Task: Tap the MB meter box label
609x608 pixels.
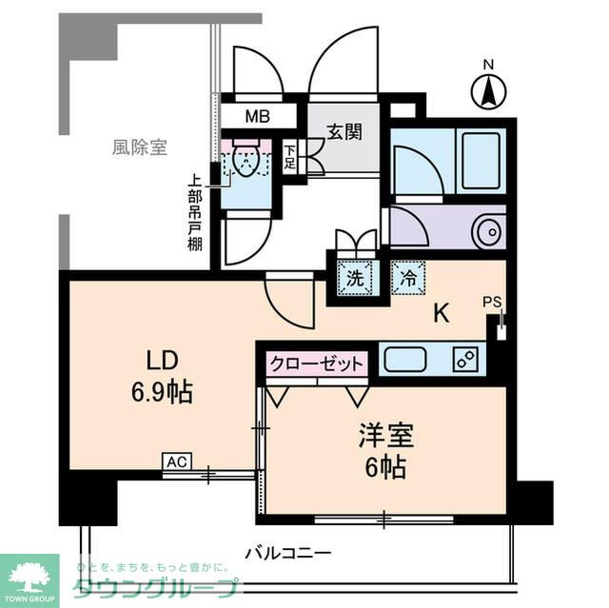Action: click(257, 117)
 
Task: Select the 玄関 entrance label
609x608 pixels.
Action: click(344, 132)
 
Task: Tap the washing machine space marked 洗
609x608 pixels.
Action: click(354, 280)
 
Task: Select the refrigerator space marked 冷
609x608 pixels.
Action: click(408, 280)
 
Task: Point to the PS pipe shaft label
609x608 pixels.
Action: click(491, 303)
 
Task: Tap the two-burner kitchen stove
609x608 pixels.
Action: click(465, 361)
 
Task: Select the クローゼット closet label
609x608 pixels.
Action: click(317, 364)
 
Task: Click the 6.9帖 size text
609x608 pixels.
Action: click(162, 391)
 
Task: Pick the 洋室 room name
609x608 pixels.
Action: click(384, 437)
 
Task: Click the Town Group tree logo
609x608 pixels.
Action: click(29, 577)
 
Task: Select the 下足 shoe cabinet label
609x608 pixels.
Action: click(290, 157)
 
